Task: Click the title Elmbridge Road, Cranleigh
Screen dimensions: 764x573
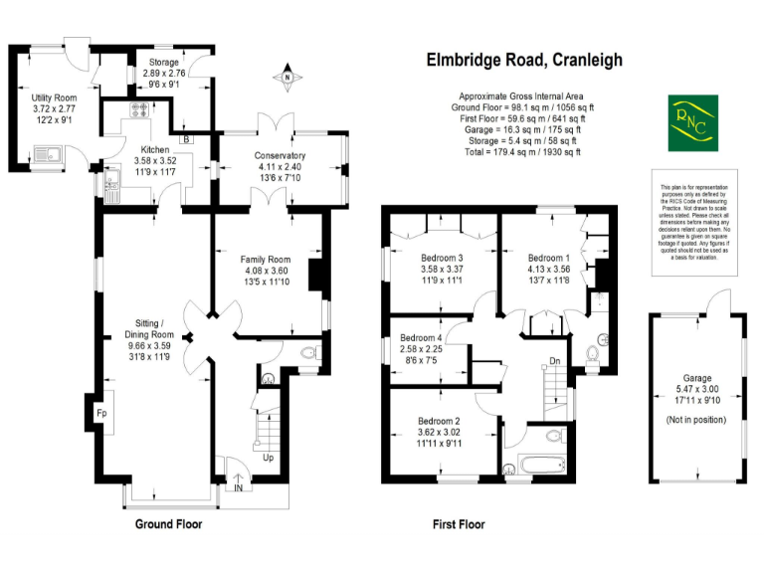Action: [524, 60]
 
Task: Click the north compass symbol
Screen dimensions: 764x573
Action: [286, 78]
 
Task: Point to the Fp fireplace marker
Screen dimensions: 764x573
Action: [101, 410]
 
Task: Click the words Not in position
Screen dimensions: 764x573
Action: [695, 422]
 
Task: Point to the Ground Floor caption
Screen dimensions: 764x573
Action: [168, 524]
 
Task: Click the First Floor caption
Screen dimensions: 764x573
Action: [459, 524]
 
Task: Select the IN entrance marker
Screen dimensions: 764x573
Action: [239, 486]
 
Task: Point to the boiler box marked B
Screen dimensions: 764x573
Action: [187, 139]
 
